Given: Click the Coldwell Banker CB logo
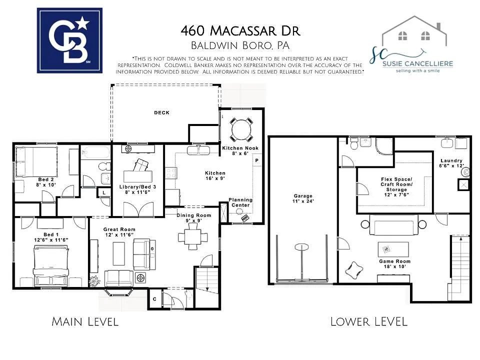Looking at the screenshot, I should pyautogui.click(x=69, y=40).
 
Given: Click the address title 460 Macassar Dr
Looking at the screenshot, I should pyautogui.click(x=240, y=31).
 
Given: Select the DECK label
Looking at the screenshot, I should pyautogui.click(x=161, y=112).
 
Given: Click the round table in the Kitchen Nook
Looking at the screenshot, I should pyautogui.click(x=241, y=130).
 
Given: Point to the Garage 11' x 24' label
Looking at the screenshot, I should pyautogui.click(x=303, y=199).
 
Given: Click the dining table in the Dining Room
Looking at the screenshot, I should pyautogui.click(x=192, y=235).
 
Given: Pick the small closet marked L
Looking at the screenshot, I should pyautogui.click(x=103, y=192).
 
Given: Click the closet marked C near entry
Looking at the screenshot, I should pyautogui.click(x=155, y=299).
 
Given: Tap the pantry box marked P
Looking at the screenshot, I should pyautogui.click(x=257, y=160).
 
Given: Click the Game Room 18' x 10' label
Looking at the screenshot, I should pyautogui.click(x=394, y=264).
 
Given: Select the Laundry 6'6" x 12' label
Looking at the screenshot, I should pyautogui.click(x=451, y=163).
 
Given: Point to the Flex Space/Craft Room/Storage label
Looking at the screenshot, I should pyautogui.click(x=396, y=184).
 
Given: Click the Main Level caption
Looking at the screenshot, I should pyautogui.click(x=85, y=321).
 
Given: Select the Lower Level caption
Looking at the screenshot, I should pyautogui.click(x=369, y=321).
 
